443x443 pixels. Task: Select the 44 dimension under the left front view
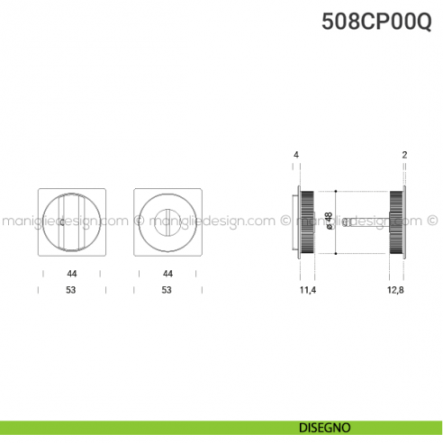(x=71, y=273)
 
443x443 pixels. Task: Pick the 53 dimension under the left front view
(x=71, y=290)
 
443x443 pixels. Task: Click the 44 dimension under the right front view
(x=167, y=273)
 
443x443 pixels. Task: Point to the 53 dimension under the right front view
(x=167, y=290)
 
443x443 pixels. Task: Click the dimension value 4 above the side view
(x=295, y=155)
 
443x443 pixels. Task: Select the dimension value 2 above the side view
(x=405, y=155)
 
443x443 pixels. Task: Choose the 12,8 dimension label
(x=397, y=290)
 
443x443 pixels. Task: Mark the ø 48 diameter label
(x=330, y=221)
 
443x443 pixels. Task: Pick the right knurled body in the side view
(x=395, y=221)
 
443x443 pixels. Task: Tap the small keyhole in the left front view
(x=61, y=222)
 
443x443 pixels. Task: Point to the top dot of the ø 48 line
(x=335, y=191)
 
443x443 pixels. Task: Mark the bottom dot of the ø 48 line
(x=335, y=253)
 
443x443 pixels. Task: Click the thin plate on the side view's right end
(x=405, y=221)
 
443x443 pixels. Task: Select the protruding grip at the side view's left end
(x=295, y=221)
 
